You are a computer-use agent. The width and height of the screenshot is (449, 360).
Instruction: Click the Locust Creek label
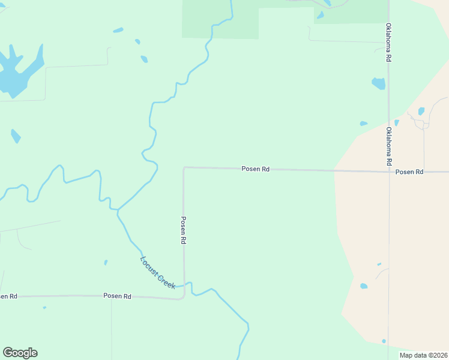pos(157,273)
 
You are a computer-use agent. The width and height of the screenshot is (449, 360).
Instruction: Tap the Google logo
pos(20,353)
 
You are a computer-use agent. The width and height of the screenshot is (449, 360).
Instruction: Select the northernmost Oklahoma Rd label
pos(389,43)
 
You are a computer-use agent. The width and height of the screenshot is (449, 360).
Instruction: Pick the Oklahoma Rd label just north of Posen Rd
pos(389,146)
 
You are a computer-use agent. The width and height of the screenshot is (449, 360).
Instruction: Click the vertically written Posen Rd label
pos(184,230)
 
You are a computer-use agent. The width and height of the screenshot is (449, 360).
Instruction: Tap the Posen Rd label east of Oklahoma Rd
pos(409,172)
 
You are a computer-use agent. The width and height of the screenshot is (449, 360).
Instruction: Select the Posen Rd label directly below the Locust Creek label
pos(117,296)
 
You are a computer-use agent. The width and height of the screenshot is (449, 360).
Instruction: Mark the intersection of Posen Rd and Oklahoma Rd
pos(389,172)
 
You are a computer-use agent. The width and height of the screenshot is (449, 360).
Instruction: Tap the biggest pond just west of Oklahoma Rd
pos(378,83)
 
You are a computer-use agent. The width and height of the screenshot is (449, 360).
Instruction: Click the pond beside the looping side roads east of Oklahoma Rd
pos(421,111)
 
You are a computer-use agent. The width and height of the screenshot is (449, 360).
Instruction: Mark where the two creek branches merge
pos(118,210)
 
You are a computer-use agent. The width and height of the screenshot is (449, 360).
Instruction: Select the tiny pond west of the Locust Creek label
pos(106,262)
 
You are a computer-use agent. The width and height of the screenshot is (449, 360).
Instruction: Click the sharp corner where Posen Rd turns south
pos(184,168)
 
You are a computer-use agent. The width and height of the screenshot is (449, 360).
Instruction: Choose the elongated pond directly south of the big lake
pos(16,136)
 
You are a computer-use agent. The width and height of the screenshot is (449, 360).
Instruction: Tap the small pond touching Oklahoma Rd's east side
pos(397,122)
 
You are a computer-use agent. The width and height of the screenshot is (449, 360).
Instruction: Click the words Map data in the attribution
pos(412,355)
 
